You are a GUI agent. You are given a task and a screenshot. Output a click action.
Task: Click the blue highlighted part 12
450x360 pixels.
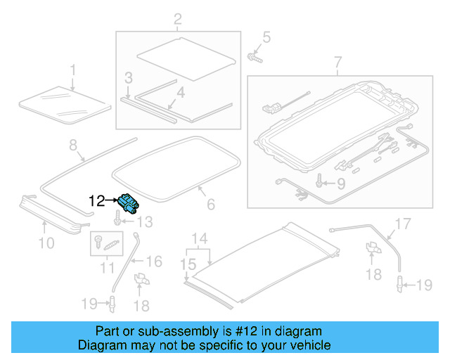[x=128, y=202]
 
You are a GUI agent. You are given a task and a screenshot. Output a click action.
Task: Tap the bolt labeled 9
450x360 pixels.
[x=321, y=182]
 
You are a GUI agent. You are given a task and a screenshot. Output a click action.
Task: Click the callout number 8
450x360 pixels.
[x=72, y=146]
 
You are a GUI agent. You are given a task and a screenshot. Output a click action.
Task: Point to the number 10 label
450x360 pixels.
[x=46, y=244]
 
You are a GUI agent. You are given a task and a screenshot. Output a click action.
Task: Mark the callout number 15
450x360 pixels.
[x=186, y=264]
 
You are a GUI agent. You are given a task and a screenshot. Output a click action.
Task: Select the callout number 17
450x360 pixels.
[x=401, y=224]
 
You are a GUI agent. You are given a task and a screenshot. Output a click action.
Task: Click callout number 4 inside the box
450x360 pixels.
[x=181, y=92]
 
